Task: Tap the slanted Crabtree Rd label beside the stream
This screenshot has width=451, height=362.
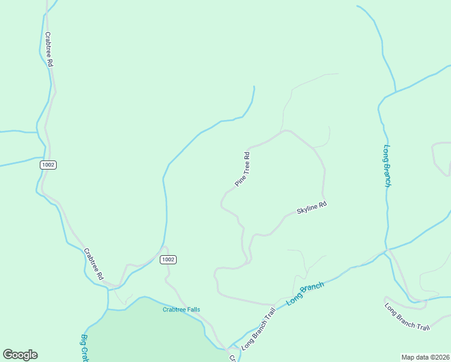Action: (x=93, y=264)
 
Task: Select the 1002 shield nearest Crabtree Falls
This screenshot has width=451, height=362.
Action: (x=168, y=259)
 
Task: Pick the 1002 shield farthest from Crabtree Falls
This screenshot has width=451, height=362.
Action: (x=49, y=165)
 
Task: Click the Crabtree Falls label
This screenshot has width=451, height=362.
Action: (x=181, y=310)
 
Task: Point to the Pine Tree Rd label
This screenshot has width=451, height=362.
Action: (x=242, y=170)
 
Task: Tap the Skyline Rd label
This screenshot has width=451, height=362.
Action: (x=311, y=208)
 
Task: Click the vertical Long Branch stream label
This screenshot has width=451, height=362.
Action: (x=387, y=166)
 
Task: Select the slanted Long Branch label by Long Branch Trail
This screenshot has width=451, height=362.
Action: (x=305, y=293)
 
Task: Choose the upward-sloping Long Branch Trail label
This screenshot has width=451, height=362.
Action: (x=258, y=330)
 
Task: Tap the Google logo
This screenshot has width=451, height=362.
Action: (x=20, y=355)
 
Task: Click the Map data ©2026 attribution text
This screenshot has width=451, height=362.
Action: (x=425, y=357)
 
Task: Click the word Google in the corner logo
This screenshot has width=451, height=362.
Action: (x=20, y=355)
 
